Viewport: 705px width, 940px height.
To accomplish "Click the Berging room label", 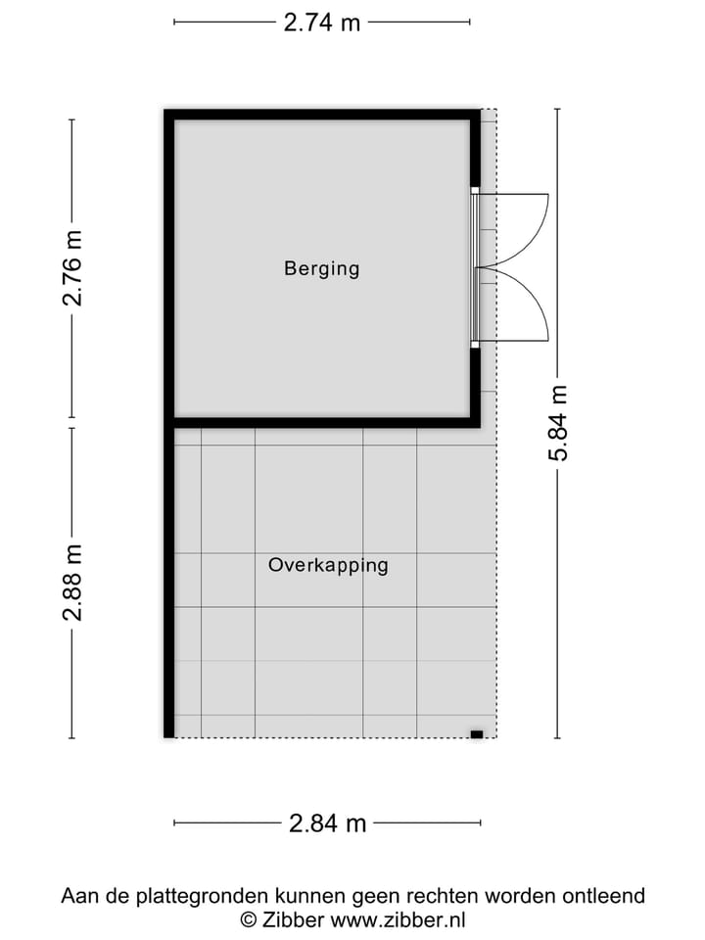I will click(322, 267).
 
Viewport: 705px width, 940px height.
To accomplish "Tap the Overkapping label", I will click(328, 565).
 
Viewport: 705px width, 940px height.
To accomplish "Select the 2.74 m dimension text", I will click(322, 23).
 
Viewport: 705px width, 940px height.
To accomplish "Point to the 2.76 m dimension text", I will click(72, 267).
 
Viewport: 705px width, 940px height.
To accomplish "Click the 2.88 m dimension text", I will click(72, 583).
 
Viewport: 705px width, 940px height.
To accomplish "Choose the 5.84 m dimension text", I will click(558, 422).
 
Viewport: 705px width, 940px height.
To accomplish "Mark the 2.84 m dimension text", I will click(327, 823).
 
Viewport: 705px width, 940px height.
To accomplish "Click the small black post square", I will click(477, 733).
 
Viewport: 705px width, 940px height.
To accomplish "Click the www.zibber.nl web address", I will click(398, 919).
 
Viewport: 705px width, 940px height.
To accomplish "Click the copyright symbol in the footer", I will click(249, 919).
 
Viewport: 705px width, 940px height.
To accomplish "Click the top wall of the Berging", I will click(322, 114).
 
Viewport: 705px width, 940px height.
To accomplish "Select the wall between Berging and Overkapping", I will click(322, 423).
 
